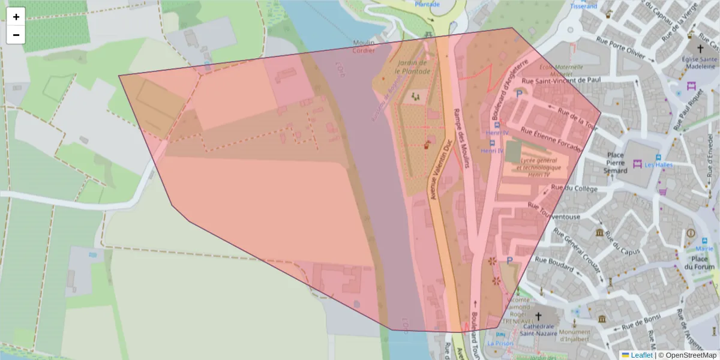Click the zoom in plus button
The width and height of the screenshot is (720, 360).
[x=16, y=17]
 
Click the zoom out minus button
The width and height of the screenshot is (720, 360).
[x=16, y=35]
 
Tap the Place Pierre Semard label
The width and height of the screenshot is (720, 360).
[x=616, y=163]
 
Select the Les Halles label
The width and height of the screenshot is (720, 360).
[x=659, y=165]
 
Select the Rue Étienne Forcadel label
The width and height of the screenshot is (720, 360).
[x=551, y=139]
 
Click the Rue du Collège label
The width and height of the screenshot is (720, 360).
[x=574, y=188]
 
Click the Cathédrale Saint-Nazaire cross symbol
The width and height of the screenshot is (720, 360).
[x=538, y=316]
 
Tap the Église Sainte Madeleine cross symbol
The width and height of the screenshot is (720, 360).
[x=700, y=48]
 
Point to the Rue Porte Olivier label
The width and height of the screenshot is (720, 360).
[x=624, y=48]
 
